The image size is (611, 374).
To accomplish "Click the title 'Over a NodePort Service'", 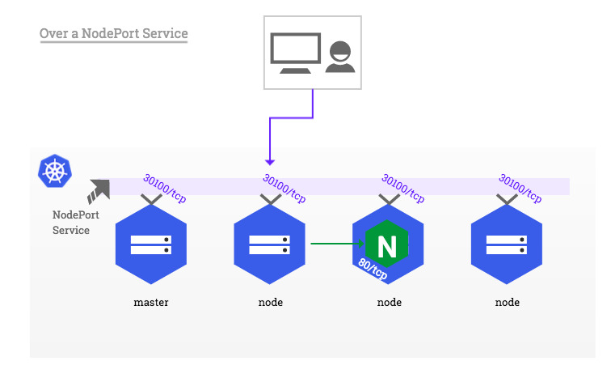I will [x=113, y=34].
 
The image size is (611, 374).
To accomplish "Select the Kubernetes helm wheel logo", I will [x=54, y=171].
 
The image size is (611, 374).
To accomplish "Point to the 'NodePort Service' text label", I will [x=71, y=223].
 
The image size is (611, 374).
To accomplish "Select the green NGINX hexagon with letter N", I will [x=387, y=244].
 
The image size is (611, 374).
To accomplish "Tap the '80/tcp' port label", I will [x=373, y=267].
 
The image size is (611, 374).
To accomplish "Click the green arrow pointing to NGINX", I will [x=335, y=242].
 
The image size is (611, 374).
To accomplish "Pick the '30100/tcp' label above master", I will [x=166, y=188].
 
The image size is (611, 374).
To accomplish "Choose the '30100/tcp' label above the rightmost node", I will [x=521, y=188].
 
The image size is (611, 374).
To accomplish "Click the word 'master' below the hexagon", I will [x=151, y=303].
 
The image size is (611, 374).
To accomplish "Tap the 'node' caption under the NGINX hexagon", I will [x=389, y=303].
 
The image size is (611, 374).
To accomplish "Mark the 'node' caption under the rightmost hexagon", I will [x=507, y=303].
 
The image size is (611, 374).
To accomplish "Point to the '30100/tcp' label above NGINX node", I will [x=403, y=188].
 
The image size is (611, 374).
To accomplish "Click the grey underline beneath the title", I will [x=113, y=43].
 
